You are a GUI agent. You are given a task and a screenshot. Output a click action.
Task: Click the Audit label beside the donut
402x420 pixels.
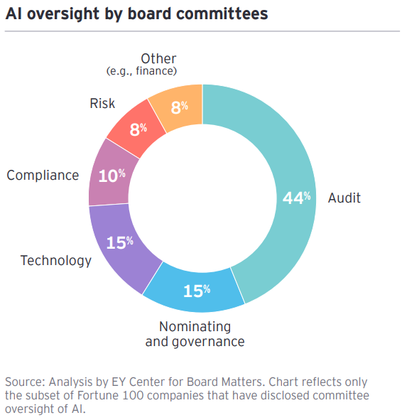pyautogui.click(x=344, y=198)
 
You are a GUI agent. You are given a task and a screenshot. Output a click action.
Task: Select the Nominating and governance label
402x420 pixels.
pyautogui.click(x=195, y=334)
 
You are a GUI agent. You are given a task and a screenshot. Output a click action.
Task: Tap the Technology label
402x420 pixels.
pyautogui.click(x=56, y=260)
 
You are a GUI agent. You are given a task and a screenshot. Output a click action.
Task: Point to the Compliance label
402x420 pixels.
pyautogui.click(x=43, y=175)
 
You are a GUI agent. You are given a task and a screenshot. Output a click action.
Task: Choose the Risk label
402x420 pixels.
pyautogui.click(x=102, y=104)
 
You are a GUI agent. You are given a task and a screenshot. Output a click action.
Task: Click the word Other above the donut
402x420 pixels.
pyautogui.click(x=158, y=58)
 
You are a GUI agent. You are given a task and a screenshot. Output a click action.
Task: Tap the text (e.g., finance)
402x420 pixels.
pyautogui.click(x=141, y=71)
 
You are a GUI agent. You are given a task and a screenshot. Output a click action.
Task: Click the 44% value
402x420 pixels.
pyautogui.click(x=297, y=198)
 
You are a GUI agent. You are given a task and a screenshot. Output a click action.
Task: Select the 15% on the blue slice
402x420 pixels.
pyautogui.click(x=197, y=291)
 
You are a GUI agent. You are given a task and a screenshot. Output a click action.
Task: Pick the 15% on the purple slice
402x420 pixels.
pyautogui.click(x=120, y=242)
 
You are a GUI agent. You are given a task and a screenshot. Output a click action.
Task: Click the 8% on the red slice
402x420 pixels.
pyautogui.click(x=138, y=129)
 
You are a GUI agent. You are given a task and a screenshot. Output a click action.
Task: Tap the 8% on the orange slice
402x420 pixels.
pyautogui.click(x=180, y=107)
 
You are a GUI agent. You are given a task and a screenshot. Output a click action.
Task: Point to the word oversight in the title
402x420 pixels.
pyautogui.click(x=60, y=14)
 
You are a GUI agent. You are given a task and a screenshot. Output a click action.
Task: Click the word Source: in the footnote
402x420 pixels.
pyautogui.click(x=25, y=382)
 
